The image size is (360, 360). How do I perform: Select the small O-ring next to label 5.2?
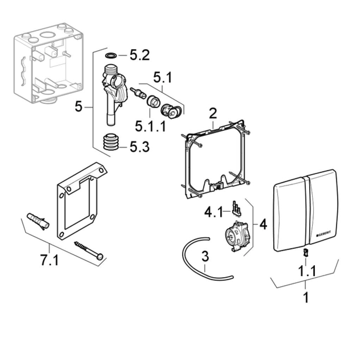pos(111,55)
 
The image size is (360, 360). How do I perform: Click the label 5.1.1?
pos(150,125)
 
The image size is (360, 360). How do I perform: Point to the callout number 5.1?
pos(162,77)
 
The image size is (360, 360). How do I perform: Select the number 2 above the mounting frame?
pos(212,114)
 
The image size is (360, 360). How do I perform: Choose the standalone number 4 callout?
pos(263,224)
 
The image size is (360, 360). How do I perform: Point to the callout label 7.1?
pos(49,261)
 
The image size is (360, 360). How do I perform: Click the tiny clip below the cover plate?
pos(305,252)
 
